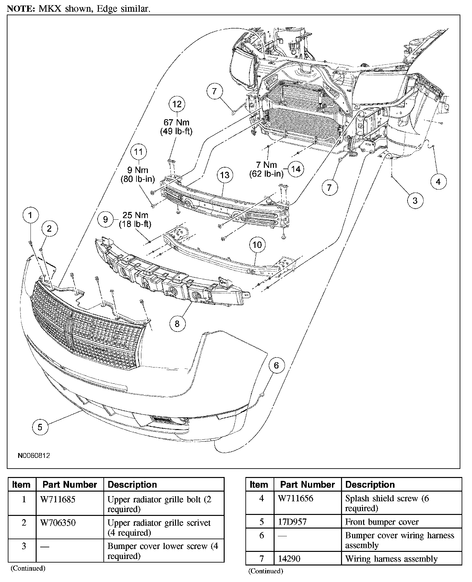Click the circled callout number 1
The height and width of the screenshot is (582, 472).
pos(30,215)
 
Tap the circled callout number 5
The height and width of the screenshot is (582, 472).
pos(40,427)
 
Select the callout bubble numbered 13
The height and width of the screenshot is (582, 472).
pos(225,175)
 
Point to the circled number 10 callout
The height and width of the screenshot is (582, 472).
pos(257,245)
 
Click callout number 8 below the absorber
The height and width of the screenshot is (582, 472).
pos(177,324)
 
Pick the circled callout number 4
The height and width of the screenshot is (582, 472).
pos(438,182)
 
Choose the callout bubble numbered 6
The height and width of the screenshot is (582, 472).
pos(276,366)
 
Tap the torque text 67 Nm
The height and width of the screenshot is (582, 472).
pos(176,122)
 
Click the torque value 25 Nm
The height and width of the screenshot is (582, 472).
pos(135,215)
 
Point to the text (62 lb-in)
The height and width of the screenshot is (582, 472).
pos(266,174)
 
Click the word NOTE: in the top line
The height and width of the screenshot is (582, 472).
pos(21,9)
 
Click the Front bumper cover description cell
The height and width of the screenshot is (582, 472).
pos(382,522)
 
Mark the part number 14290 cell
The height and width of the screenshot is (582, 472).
pos(289,559)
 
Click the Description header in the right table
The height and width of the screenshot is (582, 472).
pos(370,484)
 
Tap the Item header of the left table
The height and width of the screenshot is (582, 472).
pos(21,484)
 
